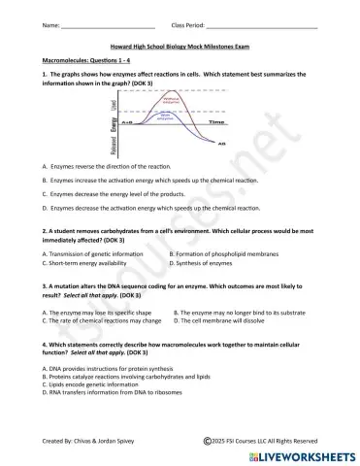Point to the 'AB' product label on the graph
point(221,144)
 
